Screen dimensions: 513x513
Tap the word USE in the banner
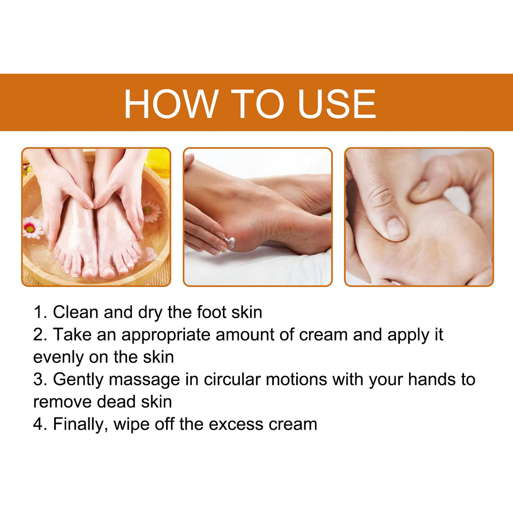336,104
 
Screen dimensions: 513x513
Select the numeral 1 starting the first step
38,313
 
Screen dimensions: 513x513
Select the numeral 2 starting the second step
38,335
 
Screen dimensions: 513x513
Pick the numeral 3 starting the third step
38,380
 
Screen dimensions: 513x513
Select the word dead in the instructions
116,402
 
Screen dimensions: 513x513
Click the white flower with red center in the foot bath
33,227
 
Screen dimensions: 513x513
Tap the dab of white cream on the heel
230,242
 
